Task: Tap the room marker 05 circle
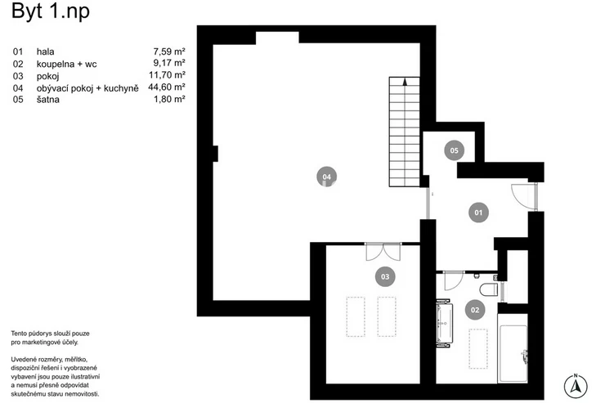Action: coord(454,150)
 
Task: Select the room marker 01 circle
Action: coord(477,213)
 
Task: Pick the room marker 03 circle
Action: coord(384,277)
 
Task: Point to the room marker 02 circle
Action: coord(474,309)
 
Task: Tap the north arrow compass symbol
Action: coord(577,384)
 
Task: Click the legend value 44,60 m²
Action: coord(167,86)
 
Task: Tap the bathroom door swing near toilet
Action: coord(451,280)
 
